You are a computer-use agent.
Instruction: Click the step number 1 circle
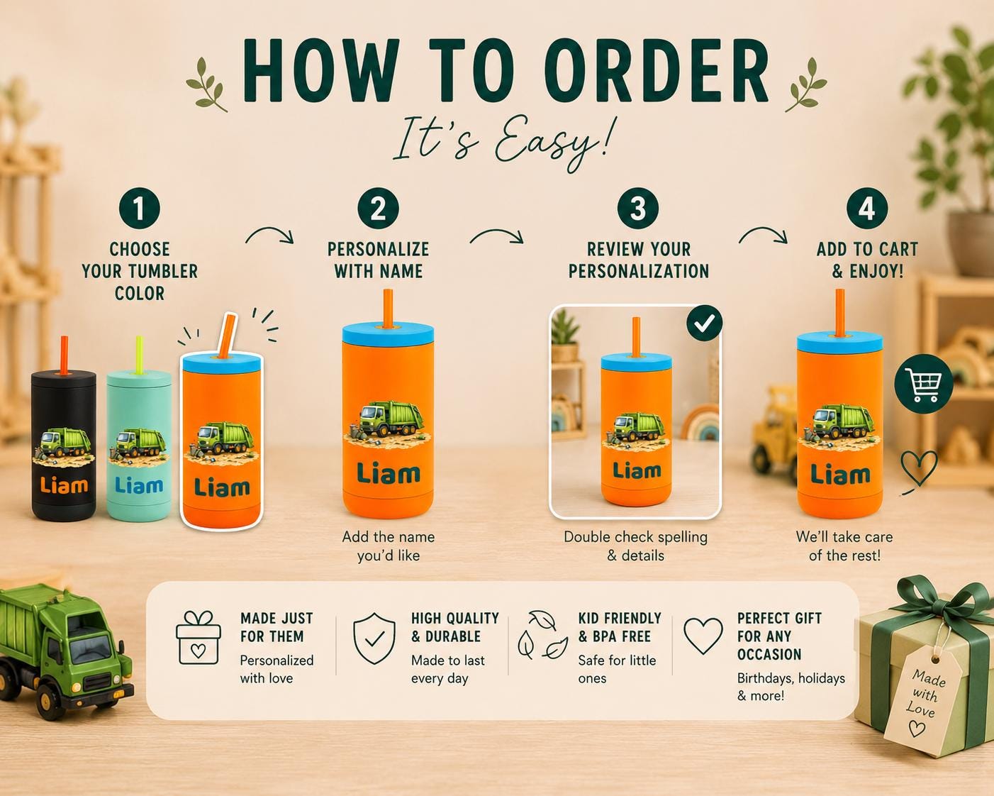coord(140,209)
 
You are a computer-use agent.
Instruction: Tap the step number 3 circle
coord(638,209)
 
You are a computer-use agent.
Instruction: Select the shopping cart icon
coord(923,384)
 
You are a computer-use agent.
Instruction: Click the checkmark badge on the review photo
coord(705,323)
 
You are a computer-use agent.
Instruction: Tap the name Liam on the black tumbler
coord(64,485)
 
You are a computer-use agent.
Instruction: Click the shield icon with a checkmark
coord(374,639)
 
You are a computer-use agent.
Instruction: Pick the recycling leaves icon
coord(542,635)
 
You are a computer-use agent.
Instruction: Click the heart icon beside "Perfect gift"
coord(703,636)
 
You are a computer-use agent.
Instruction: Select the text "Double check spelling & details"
coord(635,546)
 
